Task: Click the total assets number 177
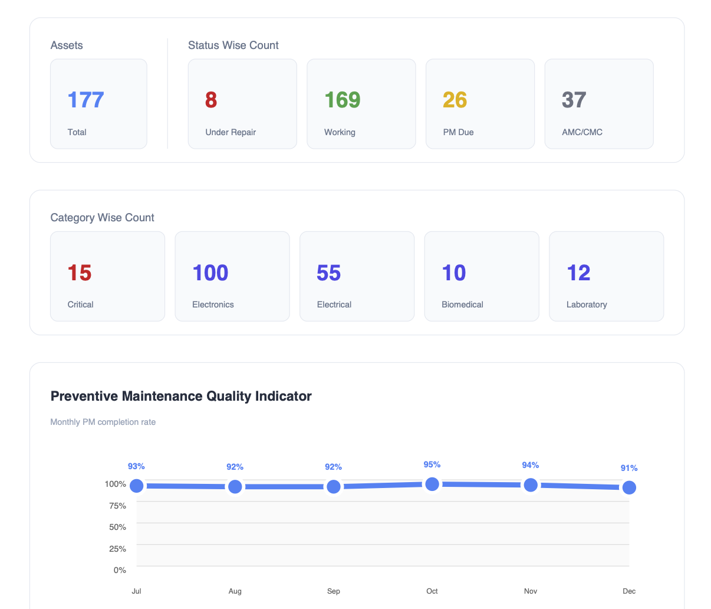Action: coord(85,100)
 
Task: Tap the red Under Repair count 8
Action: coord(211,100)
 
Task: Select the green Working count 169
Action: coord(343,100)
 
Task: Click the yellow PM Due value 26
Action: coord(455,100)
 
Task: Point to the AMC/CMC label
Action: coord(582,132)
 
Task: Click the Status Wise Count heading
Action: coord(233,45)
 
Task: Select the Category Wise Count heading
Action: coord(102,218)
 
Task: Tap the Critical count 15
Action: coord(80,273)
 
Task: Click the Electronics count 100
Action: coord(210,273)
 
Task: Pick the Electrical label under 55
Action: coord(334,304)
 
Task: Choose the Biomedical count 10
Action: coord(453,273)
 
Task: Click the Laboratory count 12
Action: coord(578,273)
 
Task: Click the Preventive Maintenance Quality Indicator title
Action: coord(181,396)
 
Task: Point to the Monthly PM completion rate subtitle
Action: coord(103,422)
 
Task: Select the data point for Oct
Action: coord(432,484)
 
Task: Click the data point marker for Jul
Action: coord(137,486)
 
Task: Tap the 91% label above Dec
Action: coord(629,468)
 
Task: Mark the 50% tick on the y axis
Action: coord(118,527)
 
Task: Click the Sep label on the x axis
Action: coord(334,591)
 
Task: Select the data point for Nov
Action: coord(531,485)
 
